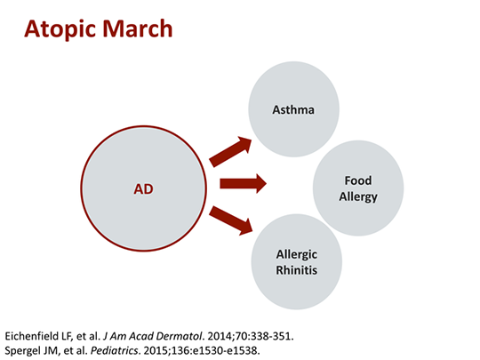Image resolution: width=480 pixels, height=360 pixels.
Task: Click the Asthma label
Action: [293, 110]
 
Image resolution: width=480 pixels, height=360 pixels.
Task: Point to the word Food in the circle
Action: [357, 180]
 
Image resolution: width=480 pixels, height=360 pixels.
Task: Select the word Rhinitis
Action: [297, 269]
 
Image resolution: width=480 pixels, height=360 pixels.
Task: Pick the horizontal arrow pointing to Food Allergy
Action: [243, 184]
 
